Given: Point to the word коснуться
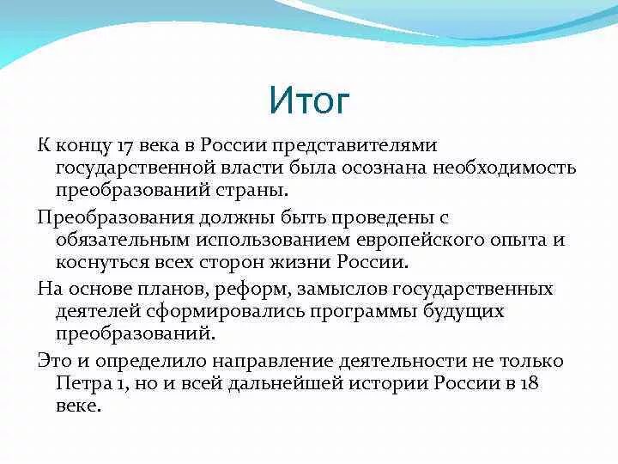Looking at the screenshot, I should point(104,261).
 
